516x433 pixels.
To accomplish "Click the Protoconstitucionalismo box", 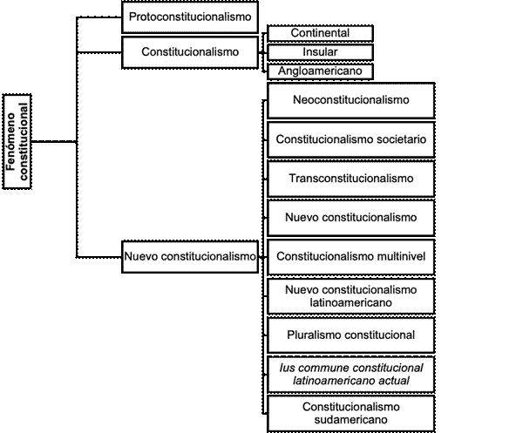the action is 190,17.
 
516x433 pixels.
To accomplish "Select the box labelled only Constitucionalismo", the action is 190,52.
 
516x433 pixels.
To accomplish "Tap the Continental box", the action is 320,33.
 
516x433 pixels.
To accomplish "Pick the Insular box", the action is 320,52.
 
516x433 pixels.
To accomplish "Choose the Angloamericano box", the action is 320,71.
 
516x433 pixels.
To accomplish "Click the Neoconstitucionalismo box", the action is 351,100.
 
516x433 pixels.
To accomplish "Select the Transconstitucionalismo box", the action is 351,179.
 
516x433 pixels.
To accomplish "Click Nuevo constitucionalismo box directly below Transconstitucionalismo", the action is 351,218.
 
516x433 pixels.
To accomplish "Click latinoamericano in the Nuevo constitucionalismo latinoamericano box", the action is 350,302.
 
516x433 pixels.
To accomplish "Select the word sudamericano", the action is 350,420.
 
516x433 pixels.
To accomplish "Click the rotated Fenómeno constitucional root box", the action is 17,141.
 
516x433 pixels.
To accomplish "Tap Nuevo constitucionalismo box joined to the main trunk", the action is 190,257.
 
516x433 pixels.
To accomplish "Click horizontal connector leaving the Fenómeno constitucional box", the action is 54,141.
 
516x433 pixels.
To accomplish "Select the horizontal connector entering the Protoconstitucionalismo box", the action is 99,17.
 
